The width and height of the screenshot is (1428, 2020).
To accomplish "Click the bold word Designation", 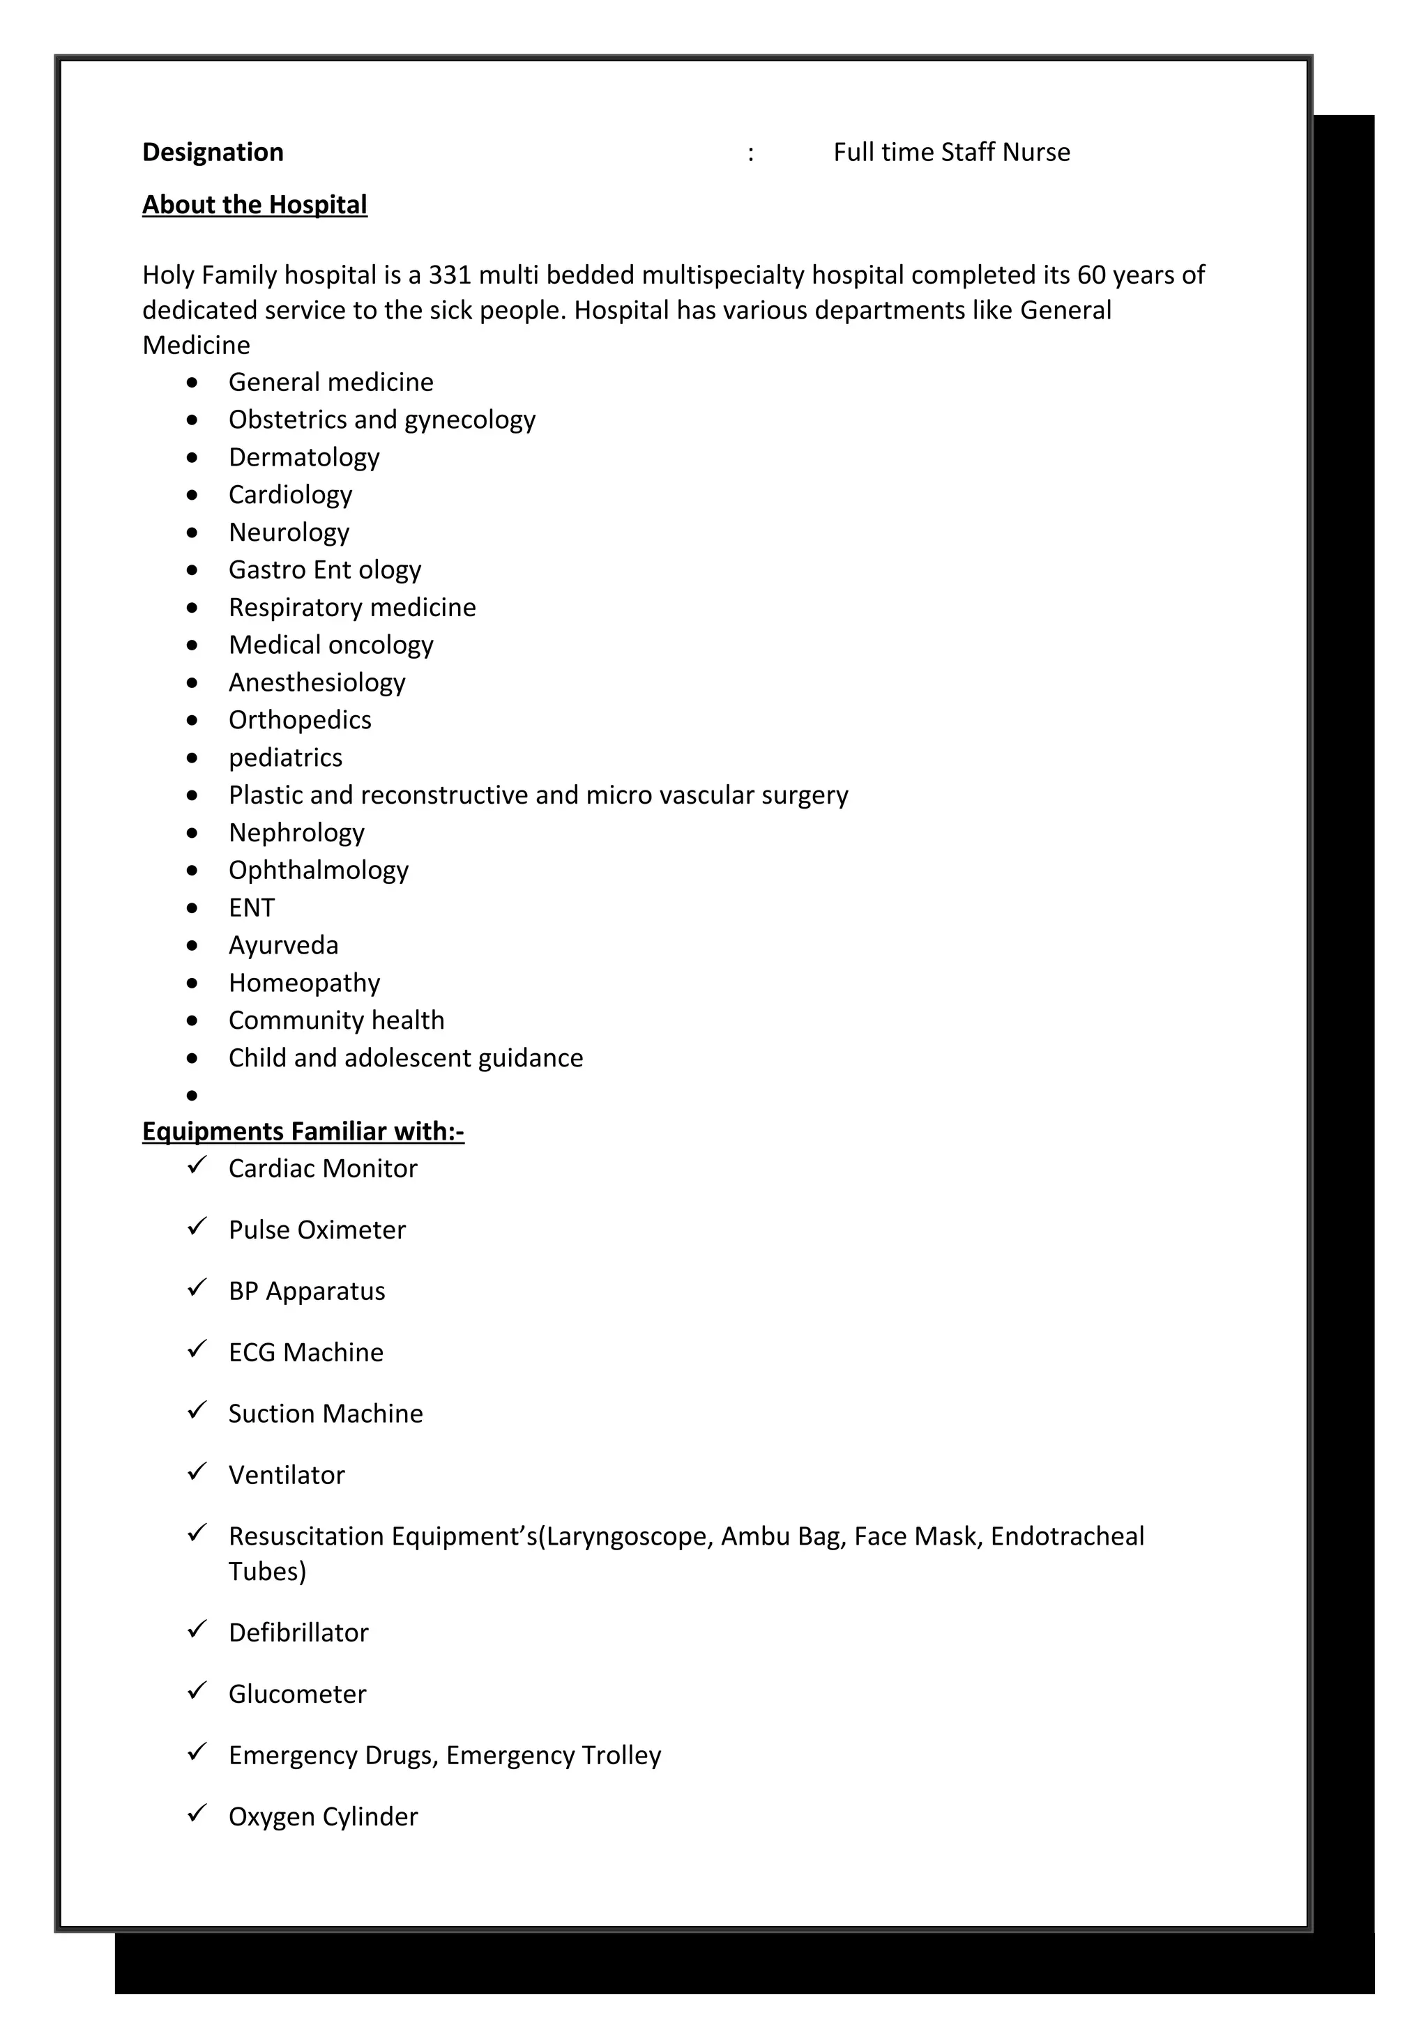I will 213,152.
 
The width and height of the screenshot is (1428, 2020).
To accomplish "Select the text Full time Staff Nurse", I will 951,152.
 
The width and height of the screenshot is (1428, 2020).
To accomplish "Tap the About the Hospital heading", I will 255,204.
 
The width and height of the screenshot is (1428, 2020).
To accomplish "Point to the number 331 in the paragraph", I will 450,275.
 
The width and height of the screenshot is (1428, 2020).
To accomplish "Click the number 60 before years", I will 1091,275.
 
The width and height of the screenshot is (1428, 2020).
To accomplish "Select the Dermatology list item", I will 303,457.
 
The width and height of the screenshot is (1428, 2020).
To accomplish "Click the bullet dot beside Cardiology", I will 192,496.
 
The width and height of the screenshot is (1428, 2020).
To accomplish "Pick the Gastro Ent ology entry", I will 325,570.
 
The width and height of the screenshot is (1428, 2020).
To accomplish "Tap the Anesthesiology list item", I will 317,682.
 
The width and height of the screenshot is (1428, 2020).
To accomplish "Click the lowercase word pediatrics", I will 285,758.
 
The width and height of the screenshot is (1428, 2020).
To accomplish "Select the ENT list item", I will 252,908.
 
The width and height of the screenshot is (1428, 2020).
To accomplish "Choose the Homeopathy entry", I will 305,983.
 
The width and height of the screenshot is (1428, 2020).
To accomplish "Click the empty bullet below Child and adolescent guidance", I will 192,1095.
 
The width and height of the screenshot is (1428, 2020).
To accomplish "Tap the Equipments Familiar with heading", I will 303,1131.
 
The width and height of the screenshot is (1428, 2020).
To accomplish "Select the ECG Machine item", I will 305,1352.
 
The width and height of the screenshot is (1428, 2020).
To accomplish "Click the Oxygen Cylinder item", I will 323,1816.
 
